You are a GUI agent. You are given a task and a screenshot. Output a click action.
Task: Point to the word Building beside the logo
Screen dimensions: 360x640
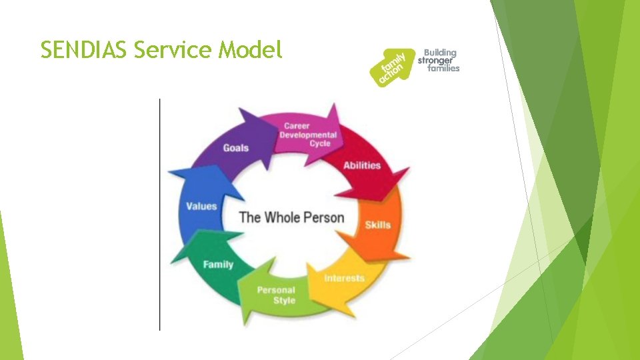pyautogui.click(x=440, y=53)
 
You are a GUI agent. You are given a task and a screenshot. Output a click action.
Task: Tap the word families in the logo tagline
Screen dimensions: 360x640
pyautogui.click(x=443, y=69)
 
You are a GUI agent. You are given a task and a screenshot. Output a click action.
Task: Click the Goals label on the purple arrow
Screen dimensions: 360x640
pyautogui.click(x=235, y=148)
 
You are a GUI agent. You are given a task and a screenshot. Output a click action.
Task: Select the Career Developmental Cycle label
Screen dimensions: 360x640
pyautogui.click(x=308, y=135)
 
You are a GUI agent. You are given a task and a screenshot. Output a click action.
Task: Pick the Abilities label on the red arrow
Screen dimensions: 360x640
pyautogui.click(x=361, y=165)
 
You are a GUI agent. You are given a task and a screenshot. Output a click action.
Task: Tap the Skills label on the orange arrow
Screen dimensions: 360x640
pyautogui.click(x=377, y=225)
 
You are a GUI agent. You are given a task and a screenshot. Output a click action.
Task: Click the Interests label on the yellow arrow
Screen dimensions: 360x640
pyautogui.click(x=344, y=277)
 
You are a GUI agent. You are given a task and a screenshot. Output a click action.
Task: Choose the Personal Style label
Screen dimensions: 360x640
pyautogui.click(x=276, y=295)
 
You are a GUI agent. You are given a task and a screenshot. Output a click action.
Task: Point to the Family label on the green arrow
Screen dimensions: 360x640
pyautogui.click(x=218, y=265)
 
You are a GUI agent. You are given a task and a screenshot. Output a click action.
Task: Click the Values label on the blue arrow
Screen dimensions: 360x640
pyautogui.click(x=201, y=206)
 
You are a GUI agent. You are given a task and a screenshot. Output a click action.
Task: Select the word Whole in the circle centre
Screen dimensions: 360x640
pyautogui.click(x=283, y=217)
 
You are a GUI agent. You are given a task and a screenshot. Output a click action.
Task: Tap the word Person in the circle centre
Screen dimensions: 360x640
pyautogui.click(x=323, y=217)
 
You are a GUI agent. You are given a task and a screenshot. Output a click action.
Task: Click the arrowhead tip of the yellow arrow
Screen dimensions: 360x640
pyautogui.click(x=309, y=267)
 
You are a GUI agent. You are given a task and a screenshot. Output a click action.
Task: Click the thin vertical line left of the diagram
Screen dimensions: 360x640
pyautogui.click(x=160, y=213)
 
